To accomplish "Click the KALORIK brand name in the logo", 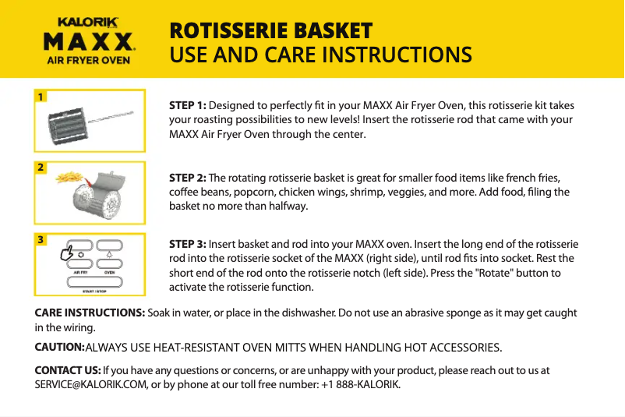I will [x=88, y=23].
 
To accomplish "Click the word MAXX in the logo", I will [x=88, y=41].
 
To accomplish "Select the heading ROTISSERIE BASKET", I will [x=271, y=31].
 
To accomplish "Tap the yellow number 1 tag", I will [x=40, y=97].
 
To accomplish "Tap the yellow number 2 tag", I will [x=40, y=168].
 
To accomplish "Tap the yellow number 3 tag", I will [x=40, y=240].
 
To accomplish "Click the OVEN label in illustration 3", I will [x=110, y=272].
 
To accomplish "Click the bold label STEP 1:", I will [x=188, y=105].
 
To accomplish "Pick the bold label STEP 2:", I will [x=188, y=178].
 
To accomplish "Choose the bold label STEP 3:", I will [x=188, y=244].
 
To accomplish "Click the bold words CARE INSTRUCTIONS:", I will [x=90, y=313].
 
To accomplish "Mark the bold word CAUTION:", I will [x=59, y=347].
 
